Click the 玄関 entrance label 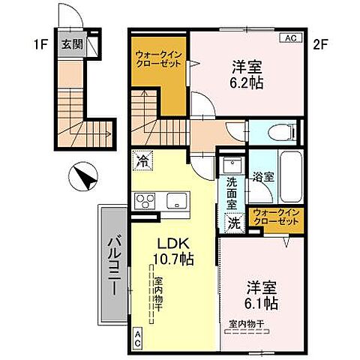pyautogui.click(x=71, y=44)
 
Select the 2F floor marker pyautogui.click(x=320, y=43)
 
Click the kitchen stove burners pyautogui.click(x=145, y=200)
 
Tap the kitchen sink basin pyautogui.click(x=177, y=200)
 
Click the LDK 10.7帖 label pyautogui.click(x=174, y=251)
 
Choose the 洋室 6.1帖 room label pyautogui.click(x=262, y=294)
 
